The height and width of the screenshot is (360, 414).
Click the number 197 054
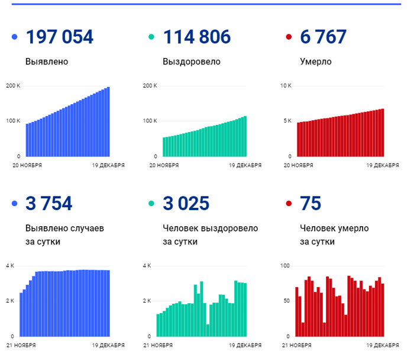[59, 37]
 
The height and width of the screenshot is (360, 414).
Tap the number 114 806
[196, 37]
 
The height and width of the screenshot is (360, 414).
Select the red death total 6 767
[323, 37]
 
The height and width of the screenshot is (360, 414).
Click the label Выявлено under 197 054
[47, 61]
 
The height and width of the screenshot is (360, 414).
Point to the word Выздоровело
[191, 61]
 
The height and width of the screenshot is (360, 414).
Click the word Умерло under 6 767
[315, 61]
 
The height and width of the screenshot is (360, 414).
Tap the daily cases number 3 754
[48, 204]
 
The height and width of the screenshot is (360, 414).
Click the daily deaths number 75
[310, 204]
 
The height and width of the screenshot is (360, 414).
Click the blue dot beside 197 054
[15, 37]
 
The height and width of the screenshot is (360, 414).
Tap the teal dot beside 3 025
[152, 204]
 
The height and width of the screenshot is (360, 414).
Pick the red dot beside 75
[289, 204]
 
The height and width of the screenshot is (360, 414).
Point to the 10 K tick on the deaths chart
[286, 86]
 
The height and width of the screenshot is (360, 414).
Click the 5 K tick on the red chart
[287, 121]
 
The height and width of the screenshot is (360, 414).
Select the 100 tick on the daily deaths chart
[285, 265]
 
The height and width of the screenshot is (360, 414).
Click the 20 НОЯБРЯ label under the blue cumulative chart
[27, 165]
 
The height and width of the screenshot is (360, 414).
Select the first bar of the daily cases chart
[21, 314]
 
